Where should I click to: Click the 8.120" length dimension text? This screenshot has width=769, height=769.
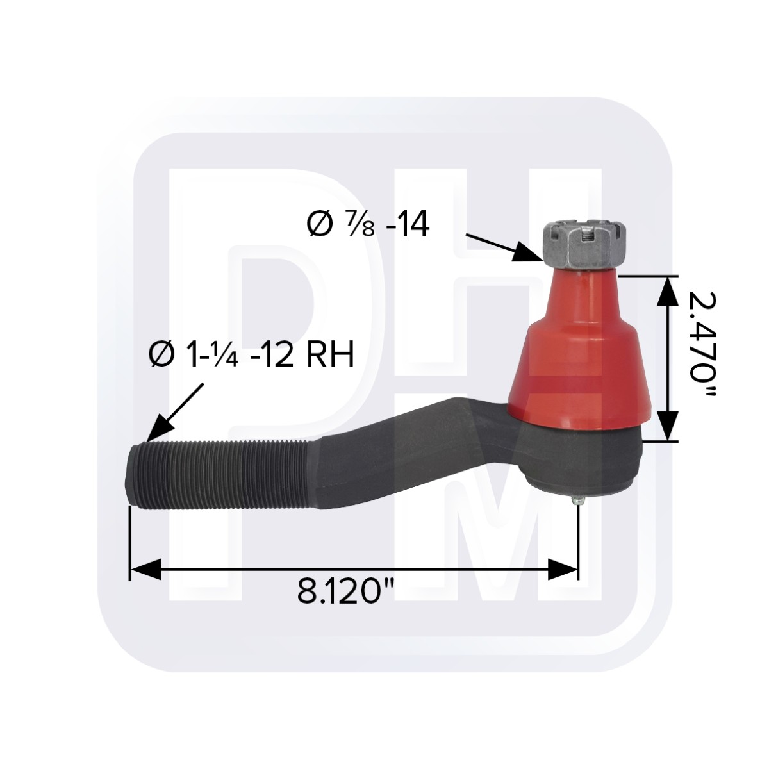point(345,591)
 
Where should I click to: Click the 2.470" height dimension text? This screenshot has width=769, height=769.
point(700,345)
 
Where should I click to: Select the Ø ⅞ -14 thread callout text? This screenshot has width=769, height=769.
point(368,225)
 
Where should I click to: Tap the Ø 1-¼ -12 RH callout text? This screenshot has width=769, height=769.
point(251,354)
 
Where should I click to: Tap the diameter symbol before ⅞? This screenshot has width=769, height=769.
point(318,225)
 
